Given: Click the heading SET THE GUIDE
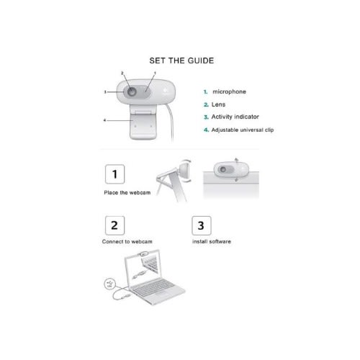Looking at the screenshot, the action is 181,60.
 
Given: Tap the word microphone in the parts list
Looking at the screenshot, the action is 229,91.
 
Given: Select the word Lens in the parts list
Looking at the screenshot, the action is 218,104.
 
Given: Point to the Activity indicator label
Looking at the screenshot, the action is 235,117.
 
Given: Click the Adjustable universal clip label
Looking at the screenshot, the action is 243,130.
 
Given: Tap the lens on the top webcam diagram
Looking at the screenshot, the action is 132,91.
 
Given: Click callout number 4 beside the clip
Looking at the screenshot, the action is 104,120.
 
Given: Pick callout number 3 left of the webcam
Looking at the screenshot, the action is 105,92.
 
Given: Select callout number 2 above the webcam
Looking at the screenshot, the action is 122,73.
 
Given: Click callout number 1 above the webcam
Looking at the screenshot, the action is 155,73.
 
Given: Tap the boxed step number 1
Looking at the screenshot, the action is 114,174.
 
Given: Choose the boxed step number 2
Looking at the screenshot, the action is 114,225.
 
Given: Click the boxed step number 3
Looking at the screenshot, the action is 202,225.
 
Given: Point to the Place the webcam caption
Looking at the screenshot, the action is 127,192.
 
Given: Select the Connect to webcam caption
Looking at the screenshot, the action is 127,241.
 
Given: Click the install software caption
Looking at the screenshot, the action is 212,241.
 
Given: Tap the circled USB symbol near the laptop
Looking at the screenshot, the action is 110,284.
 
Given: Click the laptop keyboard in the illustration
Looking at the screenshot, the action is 153,287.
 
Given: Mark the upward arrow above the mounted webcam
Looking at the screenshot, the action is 237,161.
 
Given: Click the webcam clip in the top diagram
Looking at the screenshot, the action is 143,122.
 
